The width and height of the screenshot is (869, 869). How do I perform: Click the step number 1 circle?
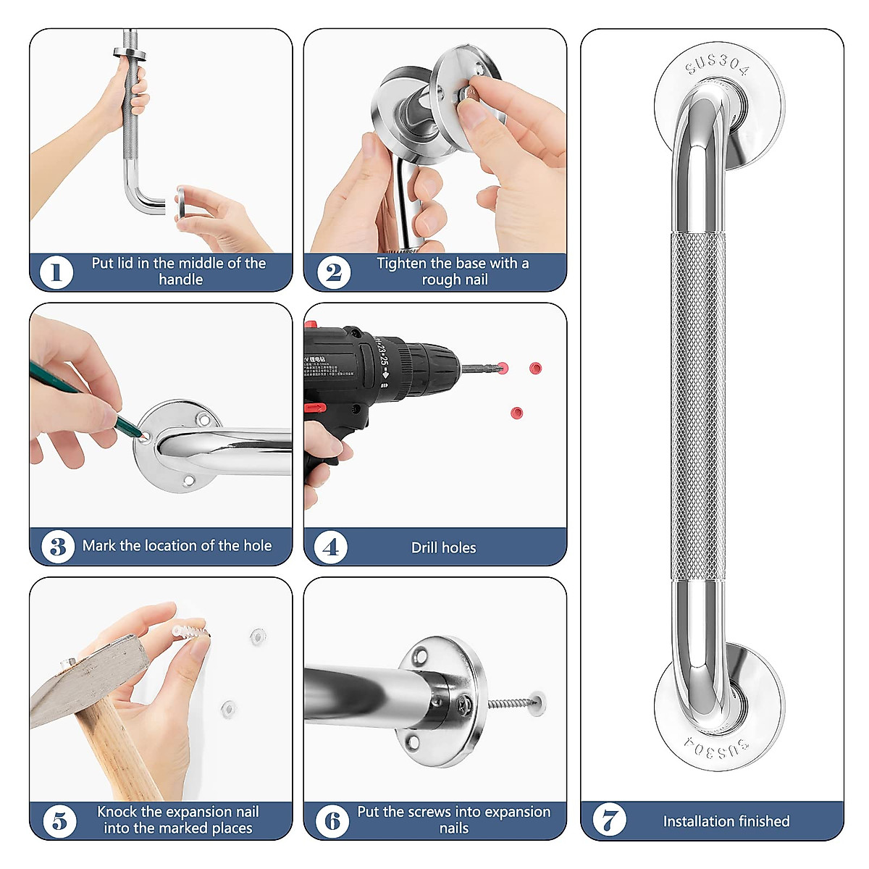click(x=56, y=273)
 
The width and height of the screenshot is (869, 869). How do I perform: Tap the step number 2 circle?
click(x=333, y=273)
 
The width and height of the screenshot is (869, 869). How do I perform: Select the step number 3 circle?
click(x=58, y=547)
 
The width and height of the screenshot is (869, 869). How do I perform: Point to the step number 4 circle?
click(x=331, y=547)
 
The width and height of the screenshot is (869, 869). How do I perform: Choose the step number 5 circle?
click(x=59, y=821)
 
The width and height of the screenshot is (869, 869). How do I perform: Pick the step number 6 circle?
click(x=332, y=821)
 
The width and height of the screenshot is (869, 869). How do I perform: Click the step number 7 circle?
click(x=609, y=820)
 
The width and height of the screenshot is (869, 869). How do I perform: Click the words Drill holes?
click(x=443, y=547)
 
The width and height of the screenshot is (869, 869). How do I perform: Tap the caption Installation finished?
click(x=726, y=821)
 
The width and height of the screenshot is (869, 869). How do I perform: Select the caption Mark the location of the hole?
click(x=177, y=546)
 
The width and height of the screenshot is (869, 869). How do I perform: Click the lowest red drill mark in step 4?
click(x=516, y=413)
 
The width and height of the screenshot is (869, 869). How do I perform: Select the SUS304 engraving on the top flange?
click(x=717, y=65)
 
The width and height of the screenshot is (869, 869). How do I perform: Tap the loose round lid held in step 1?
click(x=182, y=202)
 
